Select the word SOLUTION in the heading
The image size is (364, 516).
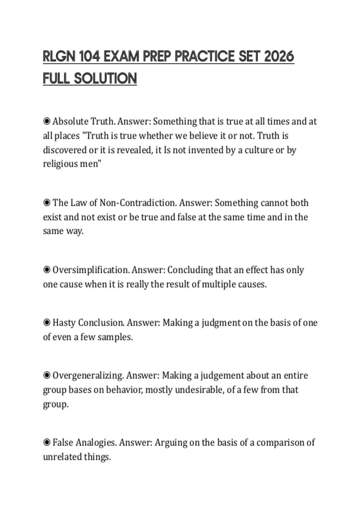[106, 78]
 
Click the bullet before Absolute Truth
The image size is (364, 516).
[47, 121]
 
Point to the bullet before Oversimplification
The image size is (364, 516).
[47, 270]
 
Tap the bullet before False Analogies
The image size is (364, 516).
[47, 443]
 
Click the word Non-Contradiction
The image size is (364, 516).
[138, 203]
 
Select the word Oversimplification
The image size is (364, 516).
[91, 270]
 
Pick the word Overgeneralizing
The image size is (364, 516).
[88, 375]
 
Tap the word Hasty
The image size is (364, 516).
[64, 323]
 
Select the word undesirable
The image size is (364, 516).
[199, 390]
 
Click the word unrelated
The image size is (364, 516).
[62, 457]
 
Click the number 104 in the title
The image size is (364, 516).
[89, 56]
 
